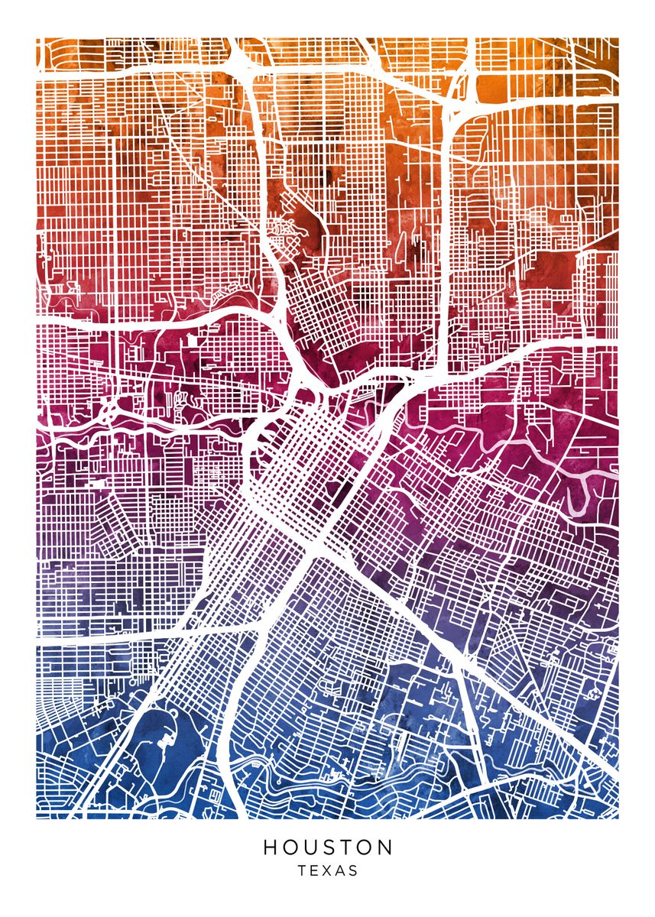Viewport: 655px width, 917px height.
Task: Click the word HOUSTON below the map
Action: tap(328, 847)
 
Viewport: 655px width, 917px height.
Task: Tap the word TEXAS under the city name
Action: tap(328, 870)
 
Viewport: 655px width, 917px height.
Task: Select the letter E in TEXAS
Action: tap(314, 870)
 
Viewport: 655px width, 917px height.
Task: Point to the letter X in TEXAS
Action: tap(327, 870)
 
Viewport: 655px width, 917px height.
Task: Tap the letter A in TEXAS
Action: tap(340, 870)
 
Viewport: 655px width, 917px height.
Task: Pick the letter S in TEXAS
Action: tap(353, 870)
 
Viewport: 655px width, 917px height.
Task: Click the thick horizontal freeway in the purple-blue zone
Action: tap(115, 639)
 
